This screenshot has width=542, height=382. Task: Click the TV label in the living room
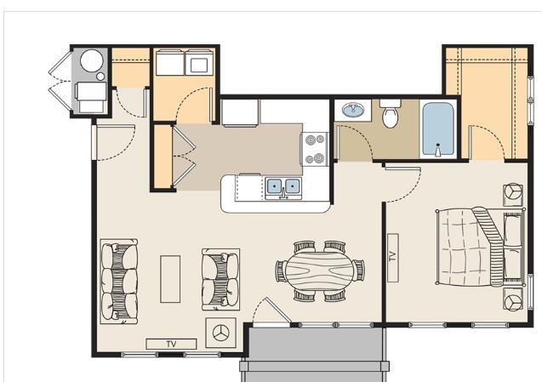[171, 344]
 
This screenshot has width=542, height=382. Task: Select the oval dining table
[320, 271]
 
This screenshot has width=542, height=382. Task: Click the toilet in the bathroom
[391, 113]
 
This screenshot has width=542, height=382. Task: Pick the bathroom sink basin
[353, 111]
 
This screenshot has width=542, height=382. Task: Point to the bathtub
[438, 129]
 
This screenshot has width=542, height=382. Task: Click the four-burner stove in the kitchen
[315, 149]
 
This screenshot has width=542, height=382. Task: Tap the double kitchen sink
[283, 187]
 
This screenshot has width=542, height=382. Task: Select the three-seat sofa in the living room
[119, 282]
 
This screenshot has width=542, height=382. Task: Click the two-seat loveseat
[221, 279]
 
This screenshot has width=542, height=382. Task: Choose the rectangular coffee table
[170, 279]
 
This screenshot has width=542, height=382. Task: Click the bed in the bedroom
[481, 247]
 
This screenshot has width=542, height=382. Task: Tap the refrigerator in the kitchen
[240, 112]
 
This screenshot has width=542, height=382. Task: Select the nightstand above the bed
[512, 195]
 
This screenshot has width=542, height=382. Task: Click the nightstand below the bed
[512, 299]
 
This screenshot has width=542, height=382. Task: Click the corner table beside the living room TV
[221, 333]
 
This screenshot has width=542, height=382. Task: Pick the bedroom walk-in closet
[487, 104]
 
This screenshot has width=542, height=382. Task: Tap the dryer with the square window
[200, 62]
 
